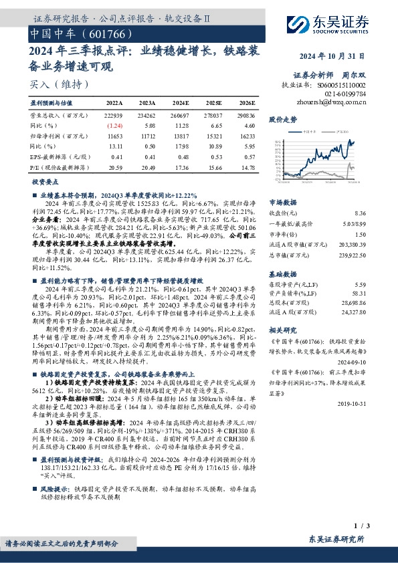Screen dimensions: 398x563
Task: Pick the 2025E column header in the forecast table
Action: coord(214,104)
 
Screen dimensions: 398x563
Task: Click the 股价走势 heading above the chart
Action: coord(282,120)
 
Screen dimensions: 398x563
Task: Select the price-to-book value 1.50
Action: coord(360,235)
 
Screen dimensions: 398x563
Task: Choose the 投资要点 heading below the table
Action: coord(45,182)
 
